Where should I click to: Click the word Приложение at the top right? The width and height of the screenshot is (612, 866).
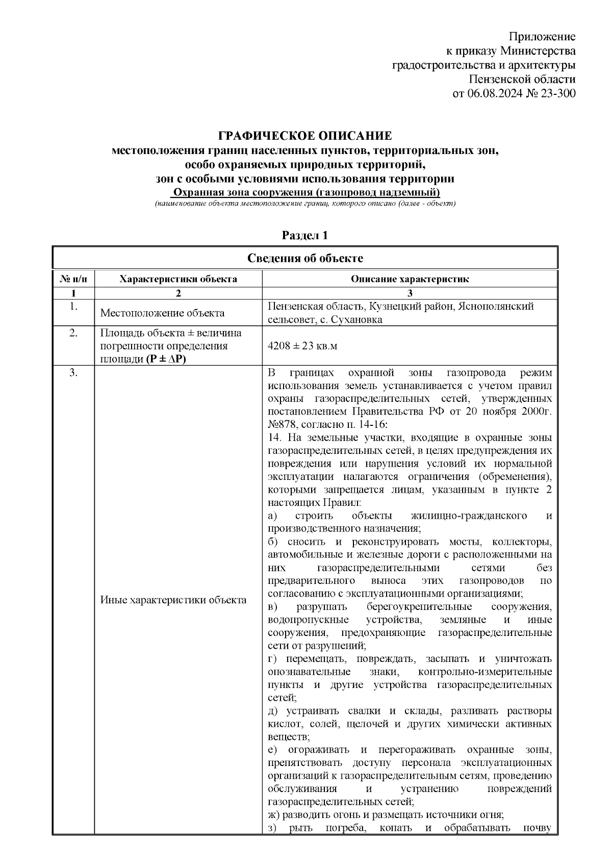[x=543, y=37]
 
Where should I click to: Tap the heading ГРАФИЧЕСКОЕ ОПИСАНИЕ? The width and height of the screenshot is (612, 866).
[x=305, y=136]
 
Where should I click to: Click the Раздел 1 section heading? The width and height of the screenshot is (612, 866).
[x=305, y=236]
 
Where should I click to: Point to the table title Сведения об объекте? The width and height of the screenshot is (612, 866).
[x=305, y=258]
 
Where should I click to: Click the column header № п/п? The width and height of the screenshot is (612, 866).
[x=73, y=279]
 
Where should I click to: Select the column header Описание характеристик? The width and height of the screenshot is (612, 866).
[x=410, y=279]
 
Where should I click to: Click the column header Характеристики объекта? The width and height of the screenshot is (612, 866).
[x=178, y=279]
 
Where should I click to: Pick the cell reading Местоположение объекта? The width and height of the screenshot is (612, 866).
[x=162, y=313]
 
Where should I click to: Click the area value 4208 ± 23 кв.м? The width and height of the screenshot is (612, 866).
[x=302, y=346]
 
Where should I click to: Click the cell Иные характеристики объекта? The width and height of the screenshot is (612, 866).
[x=173, y=600]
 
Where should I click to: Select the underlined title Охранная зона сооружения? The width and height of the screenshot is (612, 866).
[x=305, y=193]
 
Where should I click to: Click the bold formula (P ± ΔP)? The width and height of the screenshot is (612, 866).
[x=166, y=359]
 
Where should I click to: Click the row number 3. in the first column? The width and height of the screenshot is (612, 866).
[x=73, y=373]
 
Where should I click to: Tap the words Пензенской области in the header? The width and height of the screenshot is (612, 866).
[x=522, y=80]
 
